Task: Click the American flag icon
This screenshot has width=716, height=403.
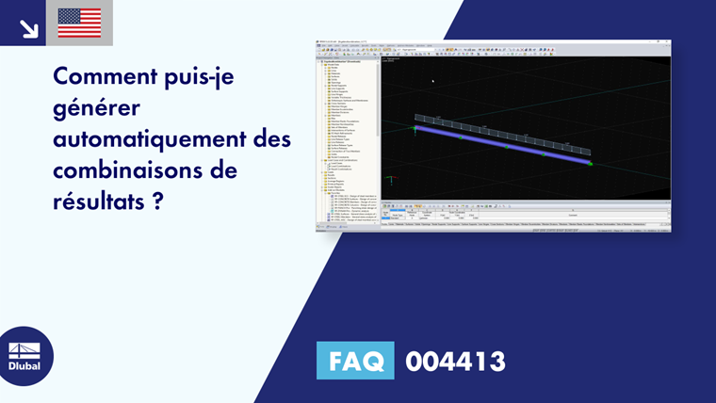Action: (x=79, y=23)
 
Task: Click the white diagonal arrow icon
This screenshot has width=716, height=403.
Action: (x=28, y=26)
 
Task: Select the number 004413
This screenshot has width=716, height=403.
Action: (x=455, y=361)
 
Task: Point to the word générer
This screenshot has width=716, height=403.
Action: (x=93, y=108)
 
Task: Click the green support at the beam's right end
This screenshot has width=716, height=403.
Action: (x=590, y=163)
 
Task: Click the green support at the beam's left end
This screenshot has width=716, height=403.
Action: (x=415, y=128)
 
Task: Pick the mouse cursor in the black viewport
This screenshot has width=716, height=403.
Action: (x=433, y=81)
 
